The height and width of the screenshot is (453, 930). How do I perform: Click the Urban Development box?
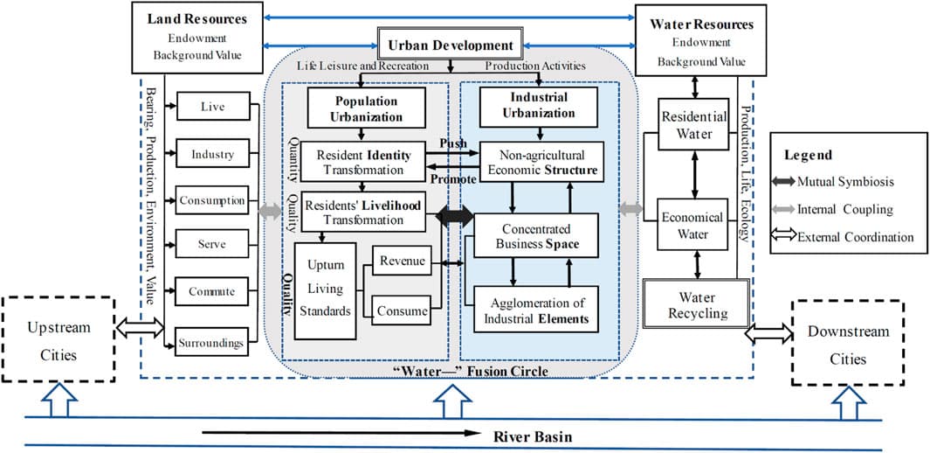tap(450, 45)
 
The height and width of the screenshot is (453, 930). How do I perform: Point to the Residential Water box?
tap(686, 124)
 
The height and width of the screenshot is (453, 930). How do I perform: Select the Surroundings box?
tap(212, 343)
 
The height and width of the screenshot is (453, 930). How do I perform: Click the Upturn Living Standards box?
tap(325, 289)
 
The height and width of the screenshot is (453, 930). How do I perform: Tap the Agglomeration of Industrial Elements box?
tap(536, 310)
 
